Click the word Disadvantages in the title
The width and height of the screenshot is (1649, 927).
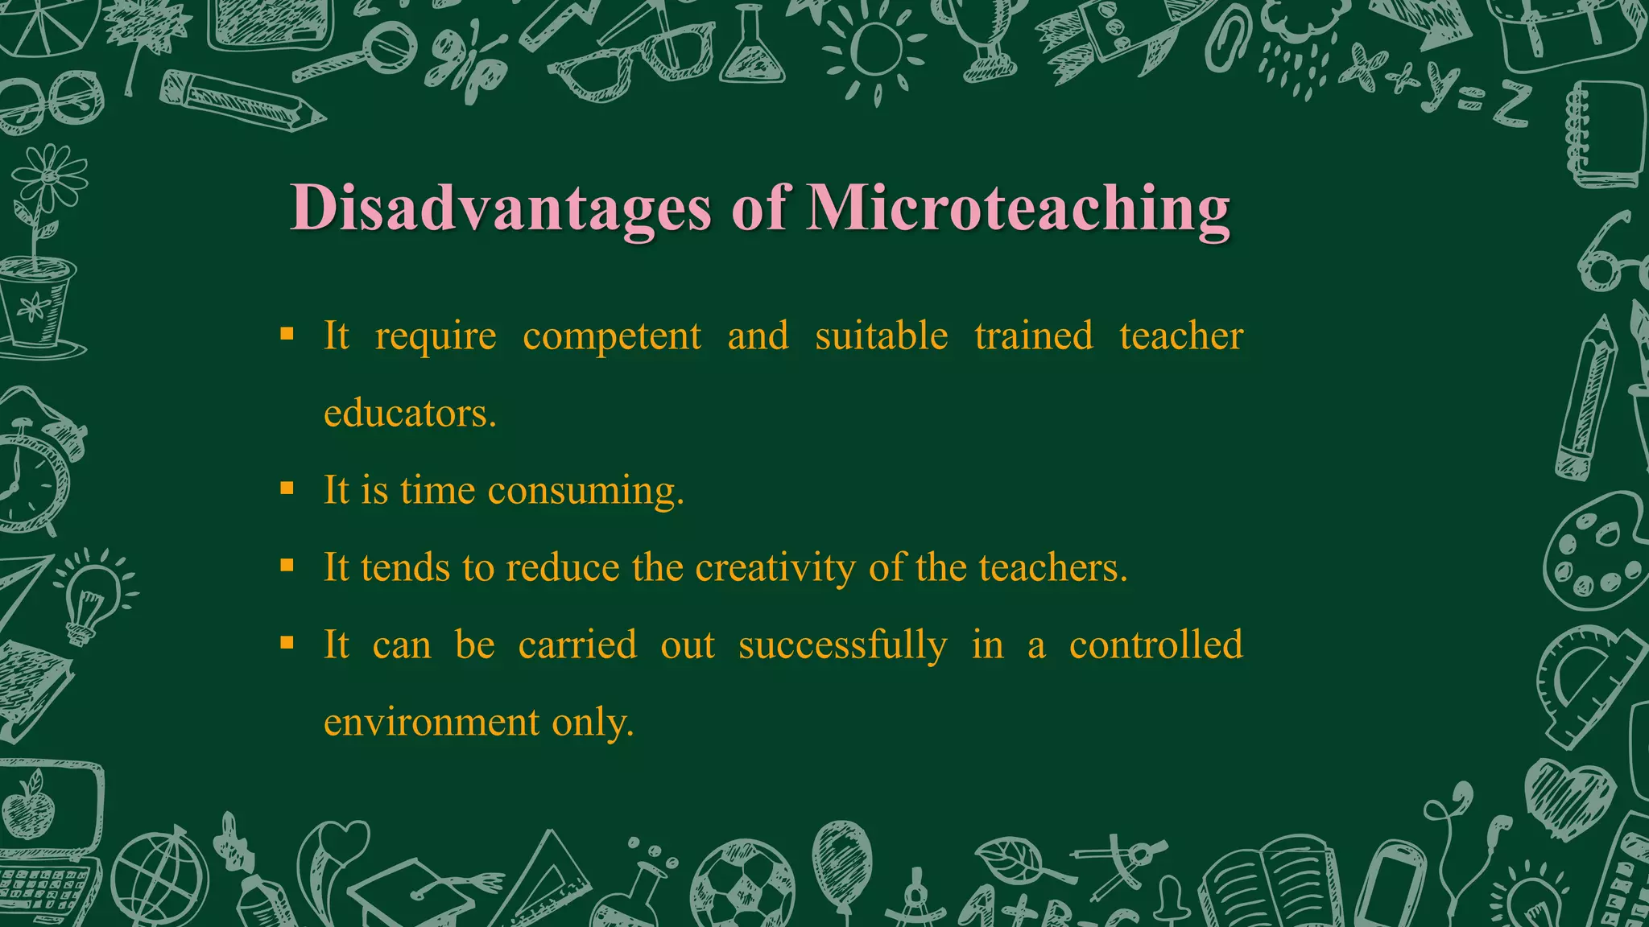[500, 208]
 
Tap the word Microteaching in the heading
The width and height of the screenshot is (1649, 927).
[1018, 208]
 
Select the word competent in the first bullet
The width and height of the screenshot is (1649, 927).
[612, 336]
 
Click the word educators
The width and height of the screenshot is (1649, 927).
[410, 414]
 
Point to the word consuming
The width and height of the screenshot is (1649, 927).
[585, 491]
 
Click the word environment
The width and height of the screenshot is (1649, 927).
[432, 722]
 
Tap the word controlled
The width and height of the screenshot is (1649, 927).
[1155, 645]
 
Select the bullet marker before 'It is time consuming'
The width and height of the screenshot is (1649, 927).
[287, 488]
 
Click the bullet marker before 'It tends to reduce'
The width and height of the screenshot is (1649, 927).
[287, 566]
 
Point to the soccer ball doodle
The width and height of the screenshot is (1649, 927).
[742, 885]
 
